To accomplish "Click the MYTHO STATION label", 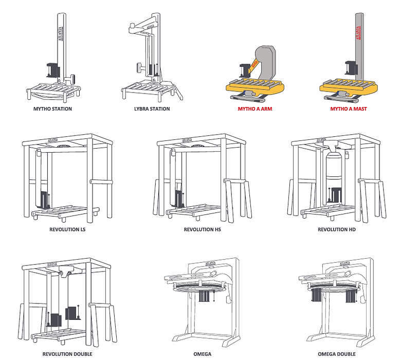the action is pyautogui.click(x=52, y=109).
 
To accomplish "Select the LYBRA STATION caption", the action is pyautogui.click(x=152, y=109).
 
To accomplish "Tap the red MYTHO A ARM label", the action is pyautogui.click(x=255, y=109).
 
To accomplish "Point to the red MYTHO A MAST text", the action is pyautogui.click(x=349, y=109).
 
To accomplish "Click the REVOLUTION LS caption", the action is pyautogui.click(x=67, y=229).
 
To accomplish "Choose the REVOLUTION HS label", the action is pyautogui.click(x=202, y=229).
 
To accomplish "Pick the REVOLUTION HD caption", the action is pyautogui.click(x=337, y=229).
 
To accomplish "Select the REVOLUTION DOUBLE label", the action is pyautogui.click(x=67, y=354).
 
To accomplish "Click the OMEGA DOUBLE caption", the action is pyautogui.click(x=337, y=354).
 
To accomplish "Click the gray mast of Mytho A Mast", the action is pyautogui.click(x=359, y=46).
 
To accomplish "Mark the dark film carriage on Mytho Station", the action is pyautogui.click(x=53, y=70).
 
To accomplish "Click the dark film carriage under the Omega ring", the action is pyautogui.click(x=205, y=296).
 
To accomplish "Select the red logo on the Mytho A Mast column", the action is pyautogui.click(x=358, y=33).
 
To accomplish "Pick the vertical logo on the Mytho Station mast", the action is pyautogui.click(x=60, y=34).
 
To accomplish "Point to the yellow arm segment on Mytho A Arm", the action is pyautogui.click(x=252, y=66).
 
